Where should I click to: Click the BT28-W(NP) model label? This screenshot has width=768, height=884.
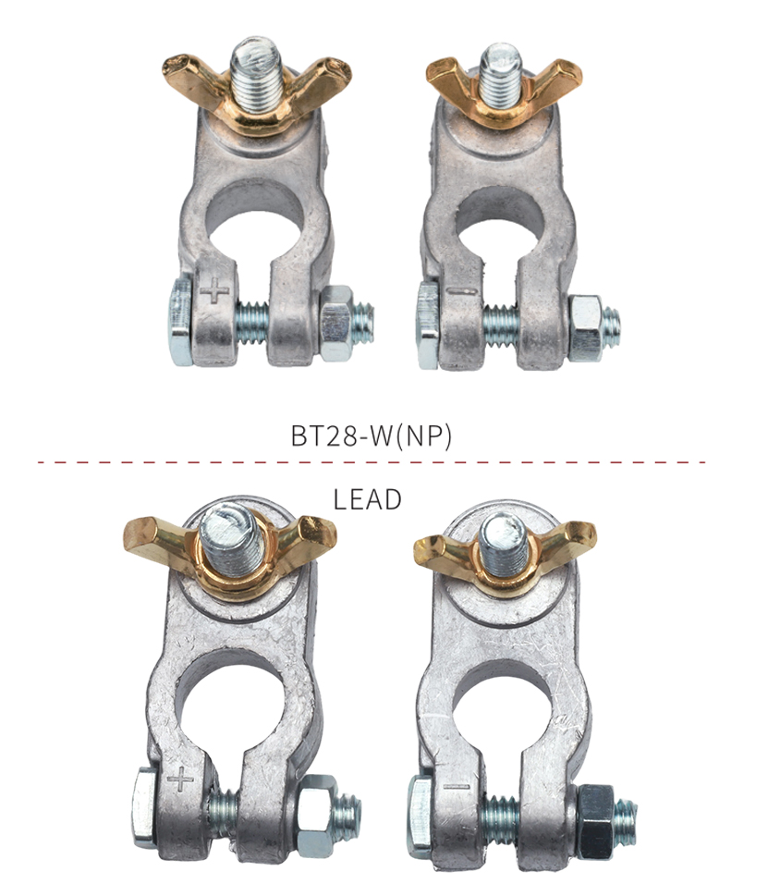pyautogui.click(x=372, y=436)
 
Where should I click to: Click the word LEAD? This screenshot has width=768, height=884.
pyautogui.click(x=368, y=499)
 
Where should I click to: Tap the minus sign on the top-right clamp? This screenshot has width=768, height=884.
pyautogui.click(x=461, y=292)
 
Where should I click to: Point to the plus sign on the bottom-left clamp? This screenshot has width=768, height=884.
pyautogui.click(x=180, y=780)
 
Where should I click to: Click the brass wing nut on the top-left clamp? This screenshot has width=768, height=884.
pyautogui.click(x=256, y=91)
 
